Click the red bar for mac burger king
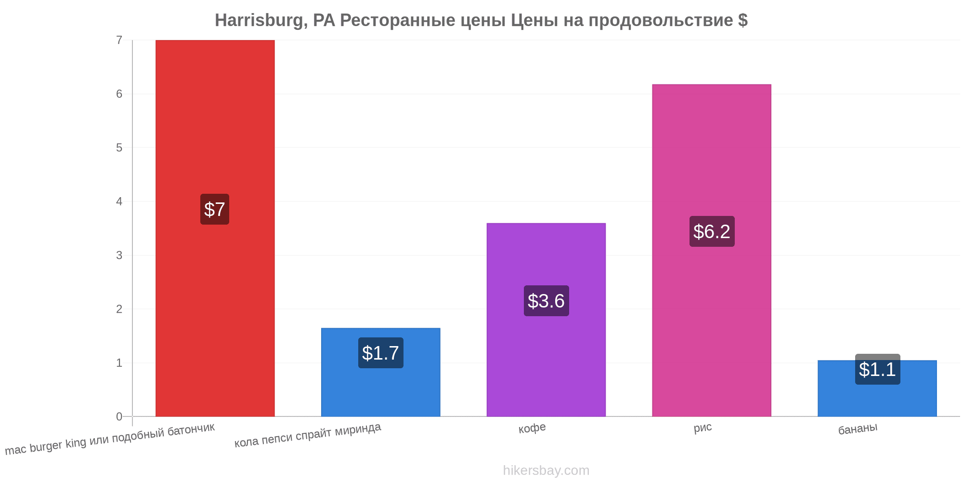[215, 228]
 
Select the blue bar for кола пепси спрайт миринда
[380, 372]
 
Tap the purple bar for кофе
[546, 320]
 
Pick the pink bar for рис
[712, 250]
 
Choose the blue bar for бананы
[877, 388]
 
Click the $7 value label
[215, 209]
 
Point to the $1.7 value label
[380, 353]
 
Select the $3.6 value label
[546, 301]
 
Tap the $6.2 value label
[712, 231]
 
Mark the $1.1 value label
[877, 369]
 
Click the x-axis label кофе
[532, 428]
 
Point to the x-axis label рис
[703, 428]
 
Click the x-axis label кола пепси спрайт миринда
[308, 435]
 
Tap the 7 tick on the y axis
[119, 40]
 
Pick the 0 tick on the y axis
[119, 416]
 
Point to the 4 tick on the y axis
[119, 201]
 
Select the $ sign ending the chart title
[743, 20]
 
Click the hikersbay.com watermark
[546, 470]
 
